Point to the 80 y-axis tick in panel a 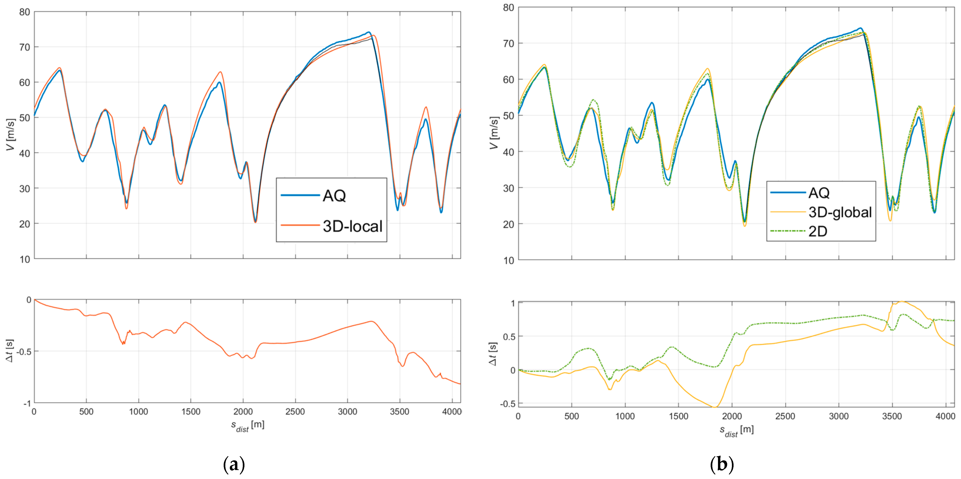[x=25, y=12]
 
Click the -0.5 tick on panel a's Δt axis [x=23, y=351]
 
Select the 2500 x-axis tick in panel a [x=295, y=412]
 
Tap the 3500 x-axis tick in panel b [x=892, y=416]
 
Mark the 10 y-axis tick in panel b [x=509, y=261]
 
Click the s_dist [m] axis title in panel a [x=247, y=426]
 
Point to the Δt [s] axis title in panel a [x=9, y=351]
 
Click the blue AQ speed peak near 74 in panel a [x=368, y=32]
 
